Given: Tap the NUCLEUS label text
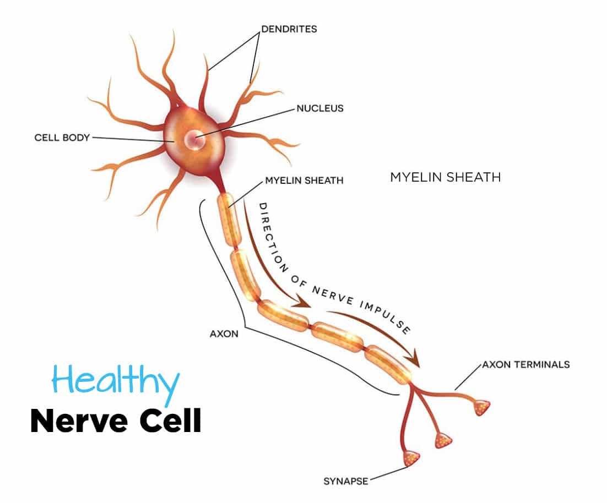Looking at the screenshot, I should [x=319, y=108].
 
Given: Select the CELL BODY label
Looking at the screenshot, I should [x=62, y=138].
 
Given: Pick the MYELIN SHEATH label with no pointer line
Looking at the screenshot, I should [x=445, y=177].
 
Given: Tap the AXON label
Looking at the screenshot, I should [x=224, y=334].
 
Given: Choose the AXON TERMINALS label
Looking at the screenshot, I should [x=525, y=364].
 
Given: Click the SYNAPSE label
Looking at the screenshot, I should [x=345, y=482].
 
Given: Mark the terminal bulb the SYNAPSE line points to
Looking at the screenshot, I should [x=411, y=457].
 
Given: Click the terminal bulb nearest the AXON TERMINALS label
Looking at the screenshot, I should [x=481, y=408].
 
